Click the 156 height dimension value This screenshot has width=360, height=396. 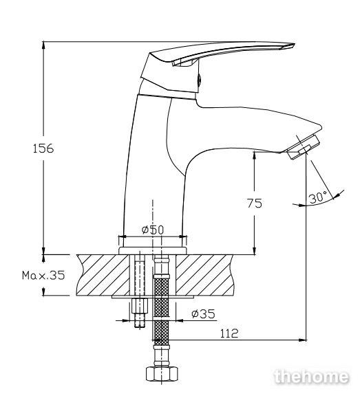pos(43,148)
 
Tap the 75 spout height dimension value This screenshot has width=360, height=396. pos(255,203)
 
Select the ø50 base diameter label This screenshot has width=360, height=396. pos(153,230)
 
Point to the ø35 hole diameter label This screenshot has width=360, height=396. pos(203,313)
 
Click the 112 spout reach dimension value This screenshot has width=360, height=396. pos(229,333)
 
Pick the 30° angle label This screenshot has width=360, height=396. pos(318,197)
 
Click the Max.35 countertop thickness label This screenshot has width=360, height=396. pos(43,275)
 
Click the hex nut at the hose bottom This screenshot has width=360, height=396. pos(162,374)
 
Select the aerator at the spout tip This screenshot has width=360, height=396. pos(304,147)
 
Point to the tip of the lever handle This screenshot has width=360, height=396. pos(295,44)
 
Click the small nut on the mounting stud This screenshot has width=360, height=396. pos(140,305)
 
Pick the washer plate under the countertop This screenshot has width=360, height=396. pos(153,297)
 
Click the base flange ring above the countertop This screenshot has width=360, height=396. pos(152,250)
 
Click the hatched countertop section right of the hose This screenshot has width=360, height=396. pos(204,275)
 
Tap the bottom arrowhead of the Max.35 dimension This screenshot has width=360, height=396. pos(44,291)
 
